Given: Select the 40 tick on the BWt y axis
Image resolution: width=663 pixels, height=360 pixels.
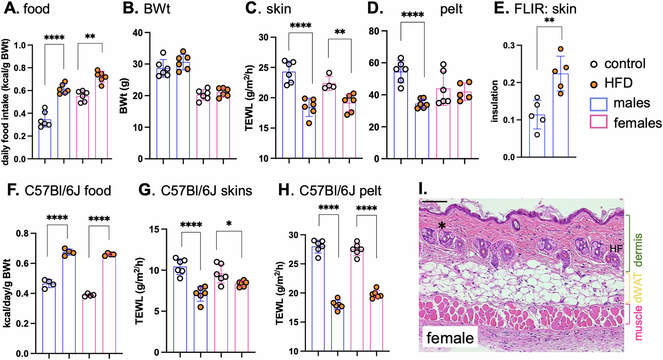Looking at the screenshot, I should [138, 32].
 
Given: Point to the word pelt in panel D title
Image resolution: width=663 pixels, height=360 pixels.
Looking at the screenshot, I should [451, 9].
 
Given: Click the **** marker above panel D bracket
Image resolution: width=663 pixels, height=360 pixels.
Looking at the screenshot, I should [412, 15].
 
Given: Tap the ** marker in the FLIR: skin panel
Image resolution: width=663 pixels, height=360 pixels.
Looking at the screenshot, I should [549, 21].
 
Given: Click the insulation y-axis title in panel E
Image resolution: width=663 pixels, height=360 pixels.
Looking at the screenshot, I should [495, 101].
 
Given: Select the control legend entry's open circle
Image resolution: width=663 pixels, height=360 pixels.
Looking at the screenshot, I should [594, 64].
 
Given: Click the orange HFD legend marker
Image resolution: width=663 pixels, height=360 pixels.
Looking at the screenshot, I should [594, 84].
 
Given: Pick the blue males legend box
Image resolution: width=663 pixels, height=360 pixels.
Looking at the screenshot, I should [598, 104].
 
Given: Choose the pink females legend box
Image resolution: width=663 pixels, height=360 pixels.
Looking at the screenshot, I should [598, 122].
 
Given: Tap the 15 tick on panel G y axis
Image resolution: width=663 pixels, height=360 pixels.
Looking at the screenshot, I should [153, 229].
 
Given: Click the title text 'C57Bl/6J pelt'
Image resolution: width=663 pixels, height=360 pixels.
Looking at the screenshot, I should [340, 191].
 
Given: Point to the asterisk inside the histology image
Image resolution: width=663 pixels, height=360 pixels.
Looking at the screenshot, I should [442, 226].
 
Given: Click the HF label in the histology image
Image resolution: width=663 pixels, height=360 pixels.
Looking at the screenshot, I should [616, 249].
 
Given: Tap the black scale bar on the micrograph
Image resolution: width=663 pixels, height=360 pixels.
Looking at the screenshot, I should [434, 201].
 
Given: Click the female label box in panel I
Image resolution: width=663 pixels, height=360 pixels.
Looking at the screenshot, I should [450, 338].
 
